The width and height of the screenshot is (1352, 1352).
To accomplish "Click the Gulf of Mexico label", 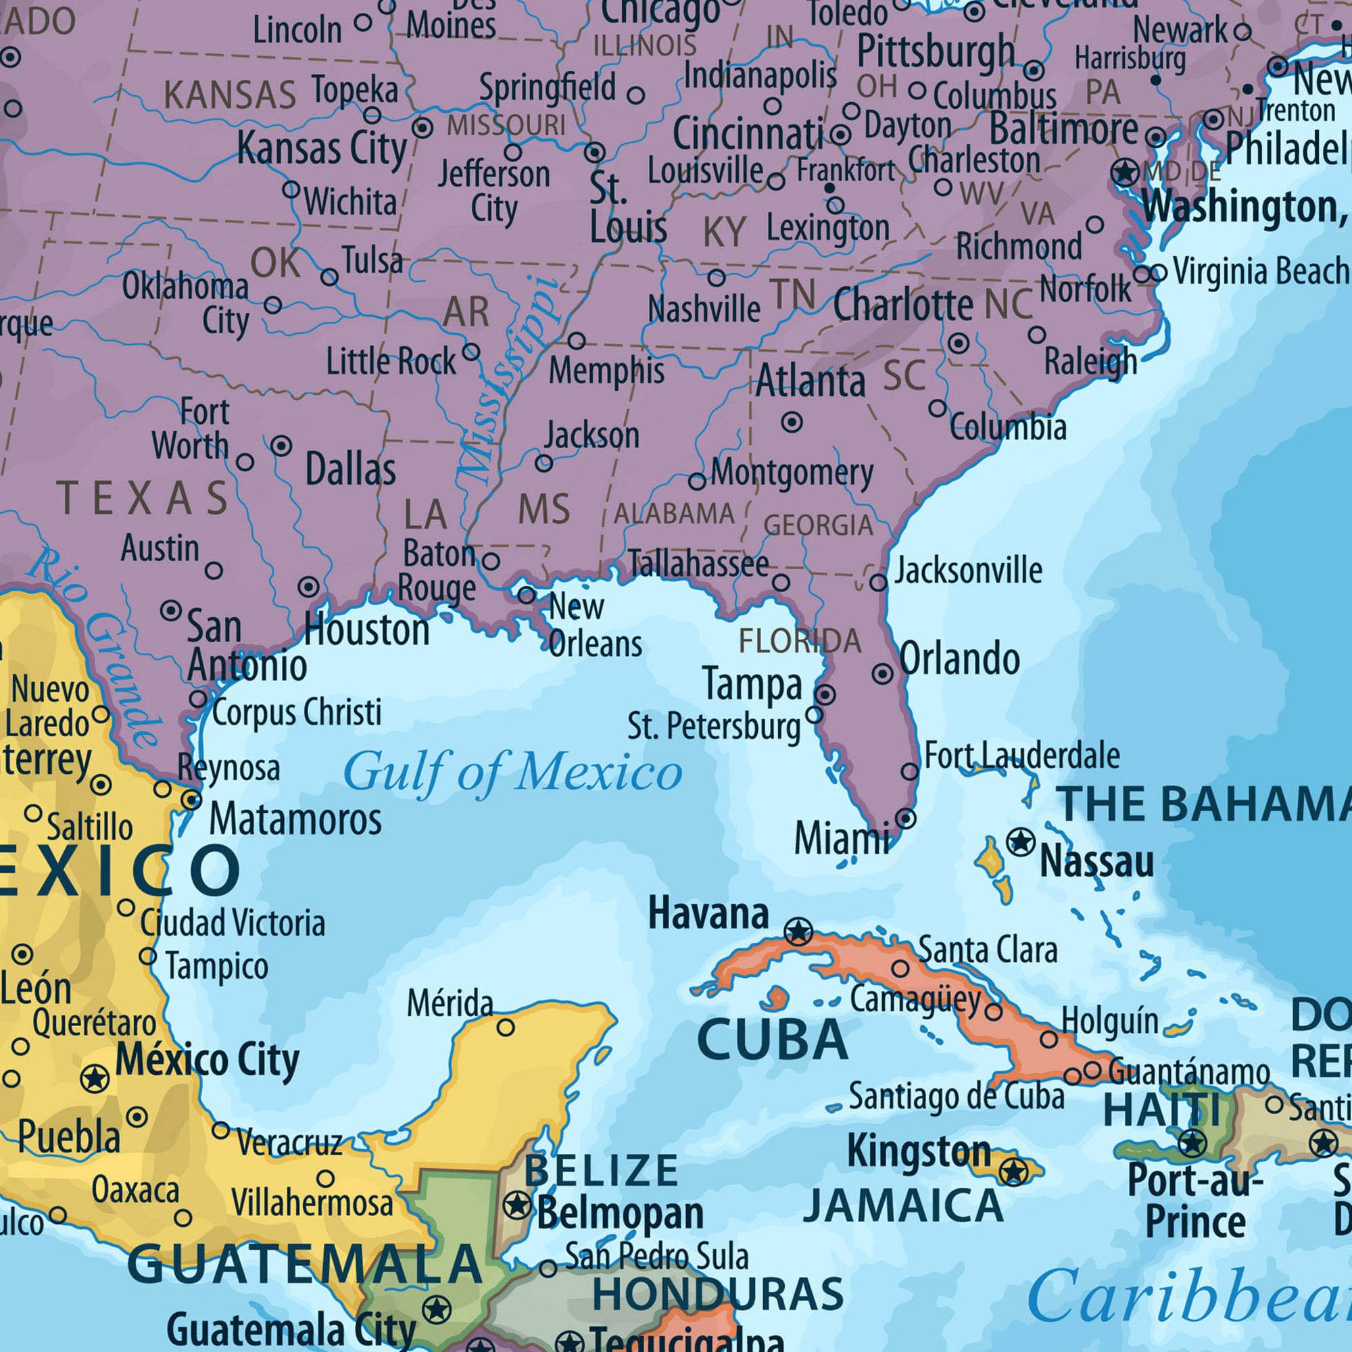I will [x=512, y=773].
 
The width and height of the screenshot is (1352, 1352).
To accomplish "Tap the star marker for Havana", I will [x=798, y=932].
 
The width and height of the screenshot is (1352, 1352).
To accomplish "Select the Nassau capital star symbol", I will [x=1020, y=842].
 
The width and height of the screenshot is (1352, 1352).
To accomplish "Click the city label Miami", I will [x=841, y=838].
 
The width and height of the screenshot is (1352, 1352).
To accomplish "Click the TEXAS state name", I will [x=143, y=498].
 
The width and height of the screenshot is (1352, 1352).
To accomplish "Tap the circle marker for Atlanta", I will [x=792, y=422].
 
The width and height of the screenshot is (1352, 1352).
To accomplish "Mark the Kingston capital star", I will [x=1013, y=1171].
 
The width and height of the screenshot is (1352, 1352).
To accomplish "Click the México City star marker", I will [x=95, y=1078].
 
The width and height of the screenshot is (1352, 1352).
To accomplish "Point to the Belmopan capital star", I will [x=517, y=1205].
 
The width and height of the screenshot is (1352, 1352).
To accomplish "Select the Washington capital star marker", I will [x=1126, y=172].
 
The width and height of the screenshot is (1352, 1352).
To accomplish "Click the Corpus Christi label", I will [x=297, y=713].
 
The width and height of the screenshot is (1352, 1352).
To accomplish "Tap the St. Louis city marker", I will [x=595, y=152].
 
